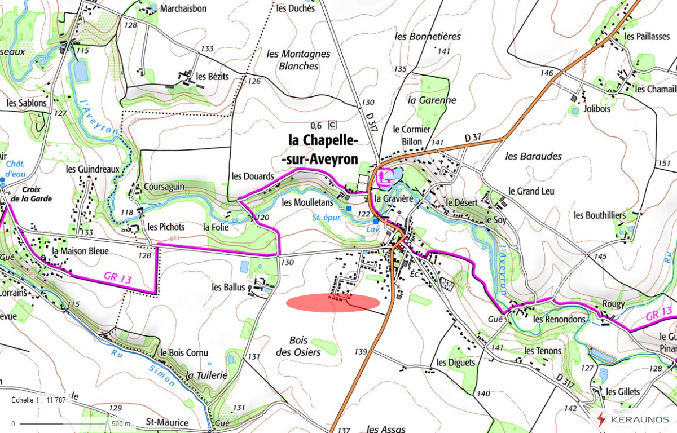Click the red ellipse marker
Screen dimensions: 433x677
click(333, 302)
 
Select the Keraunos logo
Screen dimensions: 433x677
click(632, 419)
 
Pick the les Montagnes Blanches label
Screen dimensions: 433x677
click(298, 60)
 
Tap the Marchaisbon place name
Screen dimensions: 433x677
click(183, 8)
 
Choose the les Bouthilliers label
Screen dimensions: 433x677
click(600, 215)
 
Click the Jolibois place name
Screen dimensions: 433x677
click(597, 109)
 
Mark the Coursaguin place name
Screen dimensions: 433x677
click(164, 187)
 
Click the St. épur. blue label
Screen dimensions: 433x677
click(327, 217)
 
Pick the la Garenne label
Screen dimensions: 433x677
click(432, 100)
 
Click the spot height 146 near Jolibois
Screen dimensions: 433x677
click(546, 73)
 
